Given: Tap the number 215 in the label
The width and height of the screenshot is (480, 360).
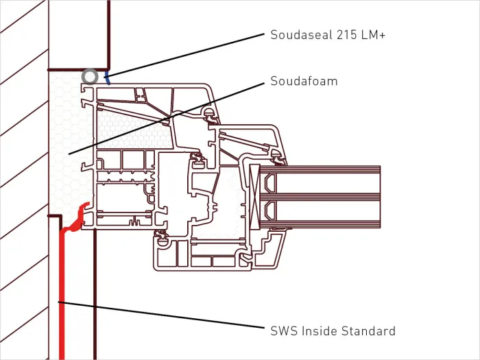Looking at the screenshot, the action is [346, 34].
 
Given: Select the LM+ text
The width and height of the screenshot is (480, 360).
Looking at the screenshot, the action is [373, 34].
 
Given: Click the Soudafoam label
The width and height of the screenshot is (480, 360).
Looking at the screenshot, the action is [304, 81].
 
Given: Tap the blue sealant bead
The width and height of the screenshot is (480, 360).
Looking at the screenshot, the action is [106, 77].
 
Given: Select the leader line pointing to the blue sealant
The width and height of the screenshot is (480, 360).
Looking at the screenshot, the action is [186, 55].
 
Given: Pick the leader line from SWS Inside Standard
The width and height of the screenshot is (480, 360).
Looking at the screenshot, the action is [161, 315].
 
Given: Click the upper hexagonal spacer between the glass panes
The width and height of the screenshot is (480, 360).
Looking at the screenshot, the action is [270, 183].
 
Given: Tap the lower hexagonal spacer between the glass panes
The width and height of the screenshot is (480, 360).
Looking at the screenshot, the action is [270, 211].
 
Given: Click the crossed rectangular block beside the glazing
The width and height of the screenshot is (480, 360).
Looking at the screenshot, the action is [254, 197].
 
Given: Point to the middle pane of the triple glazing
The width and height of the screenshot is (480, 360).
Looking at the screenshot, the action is [320, 197].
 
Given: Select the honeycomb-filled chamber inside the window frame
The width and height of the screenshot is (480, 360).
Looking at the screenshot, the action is [134, 129].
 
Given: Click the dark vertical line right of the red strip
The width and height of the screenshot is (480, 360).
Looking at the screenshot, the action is [95, 294].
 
